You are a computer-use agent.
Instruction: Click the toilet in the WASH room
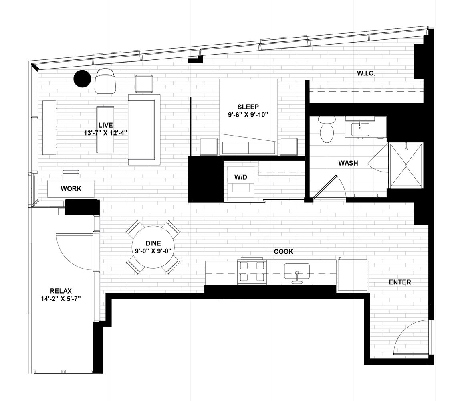click(327, 129)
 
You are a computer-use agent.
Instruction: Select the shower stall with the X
click(406, 165)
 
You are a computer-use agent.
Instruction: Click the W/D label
click(241, 177)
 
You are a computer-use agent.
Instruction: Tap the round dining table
click(153, 247)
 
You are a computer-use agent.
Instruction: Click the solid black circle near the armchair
click(82, 79)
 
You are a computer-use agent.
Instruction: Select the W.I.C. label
click(366, 73)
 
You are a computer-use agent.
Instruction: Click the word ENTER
click(400, 282)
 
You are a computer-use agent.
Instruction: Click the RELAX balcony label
click(61, 291)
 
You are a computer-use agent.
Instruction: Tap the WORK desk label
click(71, 189)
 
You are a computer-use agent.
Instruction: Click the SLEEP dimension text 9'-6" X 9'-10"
click(248, 115)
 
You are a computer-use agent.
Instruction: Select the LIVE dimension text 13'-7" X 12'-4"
click(105, 133)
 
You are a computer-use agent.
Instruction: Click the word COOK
click(283, 251)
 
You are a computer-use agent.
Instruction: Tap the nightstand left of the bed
click(209, 146)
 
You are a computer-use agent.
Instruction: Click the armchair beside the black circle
click(105, 81)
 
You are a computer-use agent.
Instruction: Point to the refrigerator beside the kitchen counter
click(352, 275)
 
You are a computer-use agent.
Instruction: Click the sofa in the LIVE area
click(144, 130)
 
